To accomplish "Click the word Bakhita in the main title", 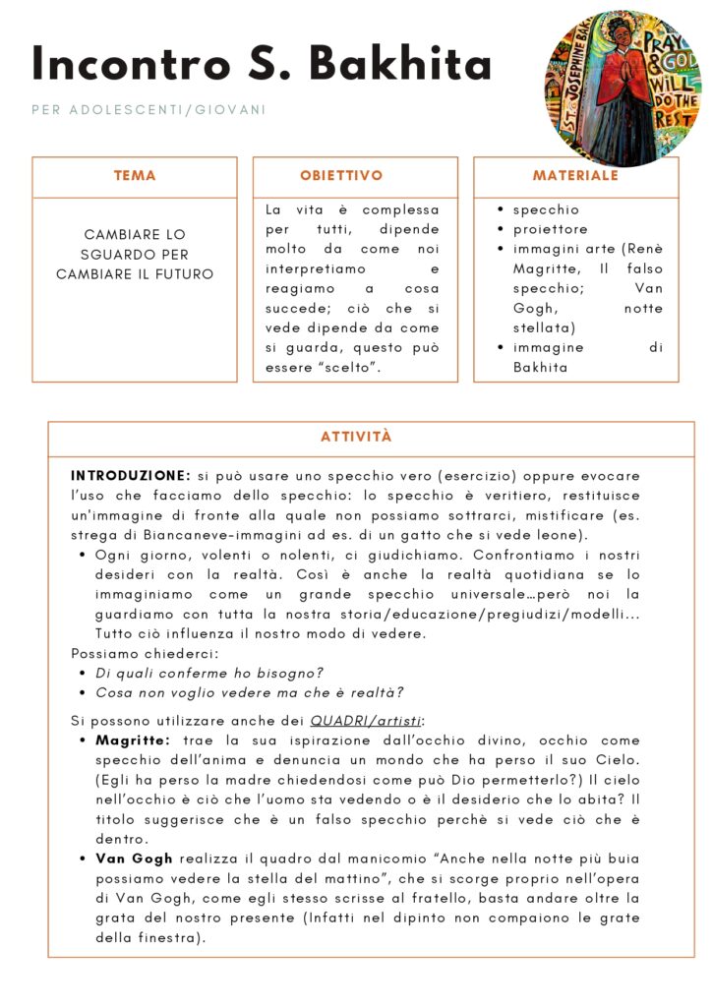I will point(401,65).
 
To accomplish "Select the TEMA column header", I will point(135,176).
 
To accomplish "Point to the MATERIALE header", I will point(575,176).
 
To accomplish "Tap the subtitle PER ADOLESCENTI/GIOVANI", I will point(148,110).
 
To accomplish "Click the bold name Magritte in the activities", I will point(133,740).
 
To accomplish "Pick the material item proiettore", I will point(551,229).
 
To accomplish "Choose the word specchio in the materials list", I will point(546,209).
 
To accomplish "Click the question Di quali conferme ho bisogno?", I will point(209,673).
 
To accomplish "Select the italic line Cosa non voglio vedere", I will point(249,692).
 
